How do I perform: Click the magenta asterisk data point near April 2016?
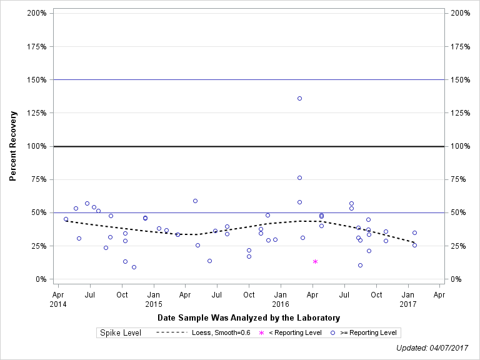(315, 261)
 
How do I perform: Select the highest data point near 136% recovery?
(299, 98)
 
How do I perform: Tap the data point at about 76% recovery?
(299, 177)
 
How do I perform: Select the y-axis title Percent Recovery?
(12, 146)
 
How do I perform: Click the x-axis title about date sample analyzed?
(248, 318)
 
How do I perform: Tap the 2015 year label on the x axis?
(154, 304)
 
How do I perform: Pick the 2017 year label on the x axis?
(408, 304)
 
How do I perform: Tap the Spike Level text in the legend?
(121, 332)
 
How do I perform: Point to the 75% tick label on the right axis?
(459, 179)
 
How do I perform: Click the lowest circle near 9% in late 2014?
(134, 267)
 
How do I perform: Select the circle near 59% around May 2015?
(195, 201)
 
